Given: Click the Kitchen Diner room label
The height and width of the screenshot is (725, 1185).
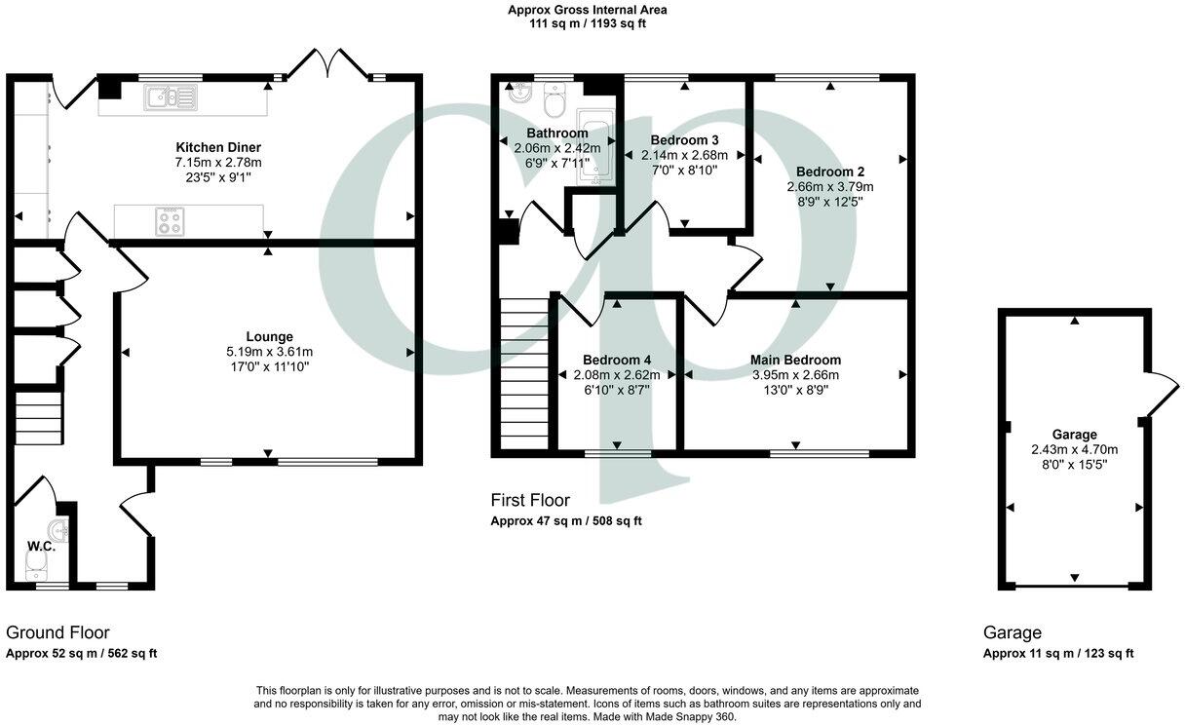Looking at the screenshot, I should [211, 147].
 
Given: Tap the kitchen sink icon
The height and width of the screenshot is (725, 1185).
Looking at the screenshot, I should [170, 95].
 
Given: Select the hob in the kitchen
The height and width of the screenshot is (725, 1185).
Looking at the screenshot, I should [170, 221].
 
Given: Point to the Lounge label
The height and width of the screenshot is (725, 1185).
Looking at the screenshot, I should [269, 336].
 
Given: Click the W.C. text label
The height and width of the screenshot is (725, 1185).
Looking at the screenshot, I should [41, 547].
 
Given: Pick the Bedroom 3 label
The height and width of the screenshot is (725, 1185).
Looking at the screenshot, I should [684, 139].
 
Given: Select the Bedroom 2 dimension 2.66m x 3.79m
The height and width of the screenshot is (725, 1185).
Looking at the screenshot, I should [830, 187].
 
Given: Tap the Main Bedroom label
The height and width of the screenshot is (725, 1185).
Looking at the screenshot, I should [795, 360].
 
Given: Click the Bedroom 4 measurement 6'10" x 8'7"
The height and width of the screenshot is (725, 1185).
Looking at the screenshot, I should [616, 390].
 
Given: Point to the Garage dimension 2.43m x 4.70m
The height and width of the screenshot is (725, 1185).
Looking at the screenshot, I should [1074, 449].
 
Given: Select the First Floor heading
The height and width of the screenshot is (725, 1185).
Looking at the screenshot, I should [530, 500].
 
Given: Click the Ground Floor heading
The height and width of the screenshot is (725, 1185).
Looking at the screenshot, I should [57, 632].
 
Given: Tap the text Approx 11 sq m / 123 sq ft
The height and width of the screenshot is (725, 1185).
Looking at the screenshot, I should [1057, 654].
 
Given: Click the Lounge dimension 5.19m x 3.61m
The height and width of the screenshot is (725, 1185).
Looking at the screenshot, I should [269, 352].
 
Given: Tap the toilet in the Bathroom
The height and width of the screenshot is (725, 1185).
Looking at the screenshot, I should [556, 98].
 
